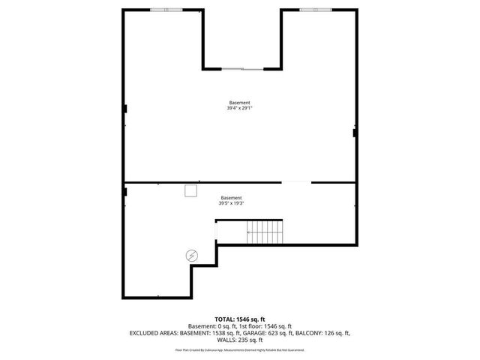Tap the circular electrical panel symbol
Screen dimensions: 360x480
pyautogui.click(x=192, y=256)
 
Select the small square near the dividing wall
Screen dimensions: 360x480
pyautogui.click(x=190, y=190)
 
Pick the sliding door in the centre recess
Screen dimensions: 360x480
pyautogui.click(x=242, y=69)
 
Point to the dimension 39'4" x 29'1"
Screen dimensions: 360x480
pyautogui.click(x=240, y=109)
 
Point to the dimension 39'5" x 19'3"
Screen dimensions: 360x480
pyautogui.click(x=232, y=203)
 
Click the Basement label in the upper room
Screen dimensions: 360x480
pyautogui.click(x=240, y=103)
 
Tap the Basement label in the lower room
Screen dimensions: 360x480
pyautogui.click(x=232, y=197)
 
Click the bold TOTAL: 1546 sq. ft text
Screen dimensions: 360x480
pyautogui.click(x=240, y=319)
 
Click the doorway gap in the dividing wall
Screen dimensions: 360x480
pyautogui.click(x=296, y=182)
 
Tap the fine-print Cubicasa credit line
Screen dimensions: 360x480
pyautogui.click(x=240, y=349)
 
